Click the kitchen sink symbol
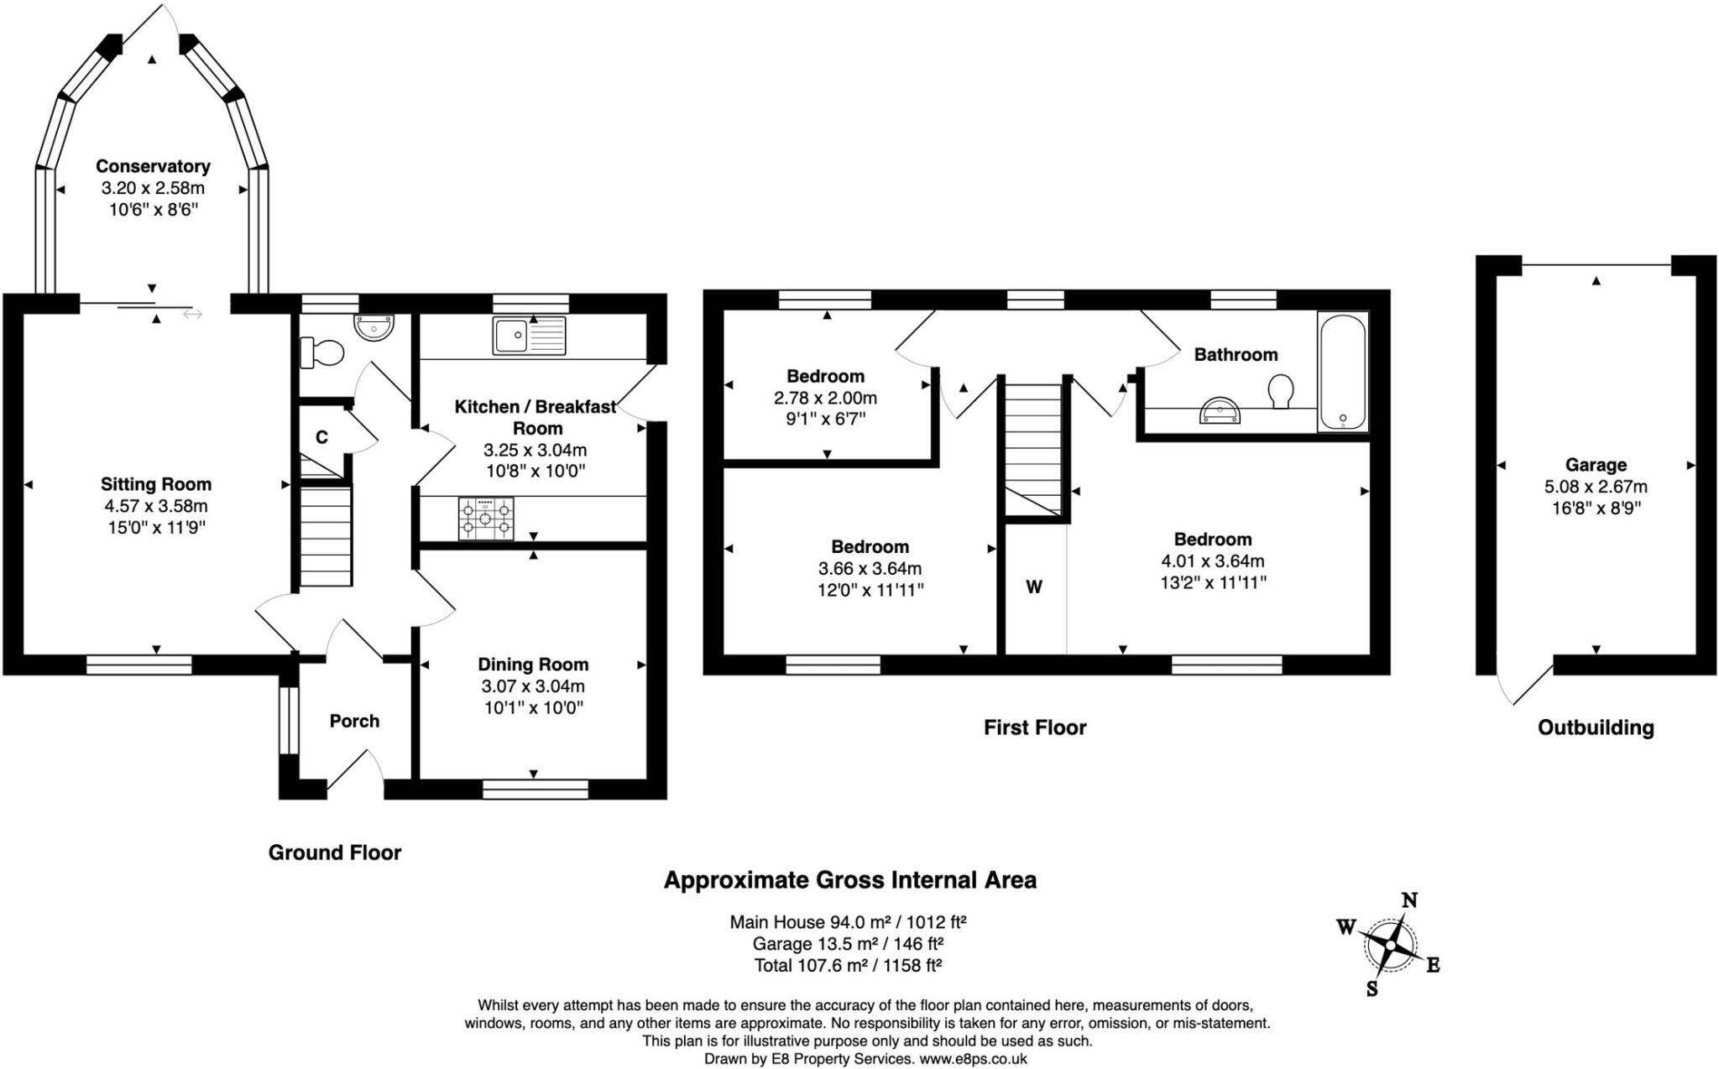529,336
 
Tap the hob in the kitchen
486,519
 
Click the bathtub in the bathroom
1342,372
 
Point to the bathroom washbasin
1220,412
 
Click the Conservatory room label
153,166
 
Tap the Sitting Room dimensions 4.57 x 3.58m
155,506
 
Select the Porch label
354,721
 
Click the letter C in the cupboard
321,437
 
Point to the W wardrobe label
1034,587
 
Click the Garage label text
1596,465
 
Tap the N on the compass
1410,900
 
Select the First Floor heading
1035,727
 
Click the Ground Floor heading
335,853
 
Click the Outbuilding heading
1596,727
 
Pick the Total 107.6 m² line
848,965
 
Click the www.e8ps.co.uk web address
973,1059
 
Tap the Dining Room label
533,665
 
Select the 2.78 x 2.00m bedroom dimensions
825,398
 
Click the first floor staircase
1033,445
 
